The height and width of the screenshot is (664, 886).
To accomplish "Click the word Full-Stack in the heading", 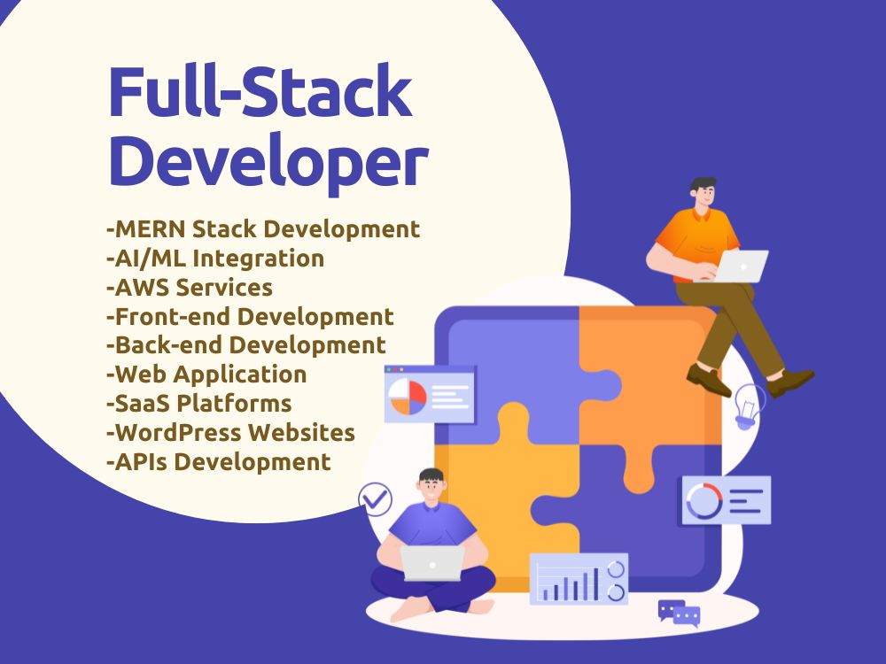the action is [260, 91].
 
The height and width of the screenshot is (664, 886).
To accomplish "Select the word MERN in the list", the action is [150, 229].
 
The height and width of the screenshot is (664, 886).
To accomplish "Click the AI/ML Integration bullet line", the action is [215, 259].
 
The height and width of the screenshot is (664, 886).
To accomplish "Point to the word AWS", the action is [142, 288].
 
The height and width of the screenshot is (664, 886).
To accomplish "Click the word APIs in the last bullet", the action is [143, 462].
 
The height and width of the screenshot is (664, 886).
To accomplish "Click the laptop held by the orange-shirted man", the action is [740, 266].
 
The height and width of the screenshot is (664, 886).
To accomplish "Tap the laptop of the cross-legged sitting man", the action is [432, 563].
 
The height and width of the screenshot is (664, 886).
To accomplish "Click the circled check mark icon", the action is [375, 499].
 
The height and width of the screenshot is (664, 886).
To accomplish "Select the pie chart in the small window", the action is [408, 397].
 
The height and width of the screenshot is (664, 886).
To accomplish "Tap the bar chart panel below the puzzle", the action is [579, 578].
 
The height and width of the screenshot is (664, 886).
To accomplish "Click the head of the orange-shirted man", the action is [703, 193].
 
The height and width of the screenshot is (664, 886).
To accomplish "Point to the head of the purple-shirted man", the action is [431, 485].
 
